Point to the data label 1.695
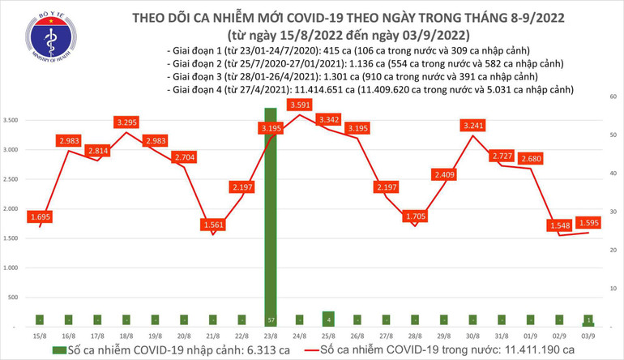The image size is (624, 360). pos(41,217)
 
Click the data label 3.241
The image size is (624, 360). pos(472,125)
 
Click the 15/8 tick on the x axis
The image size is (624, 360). pos(38,334)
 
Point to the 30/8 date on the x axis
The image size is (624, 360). pos(472,334)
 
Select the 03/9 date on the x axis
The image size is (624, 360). pos(588,334)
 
